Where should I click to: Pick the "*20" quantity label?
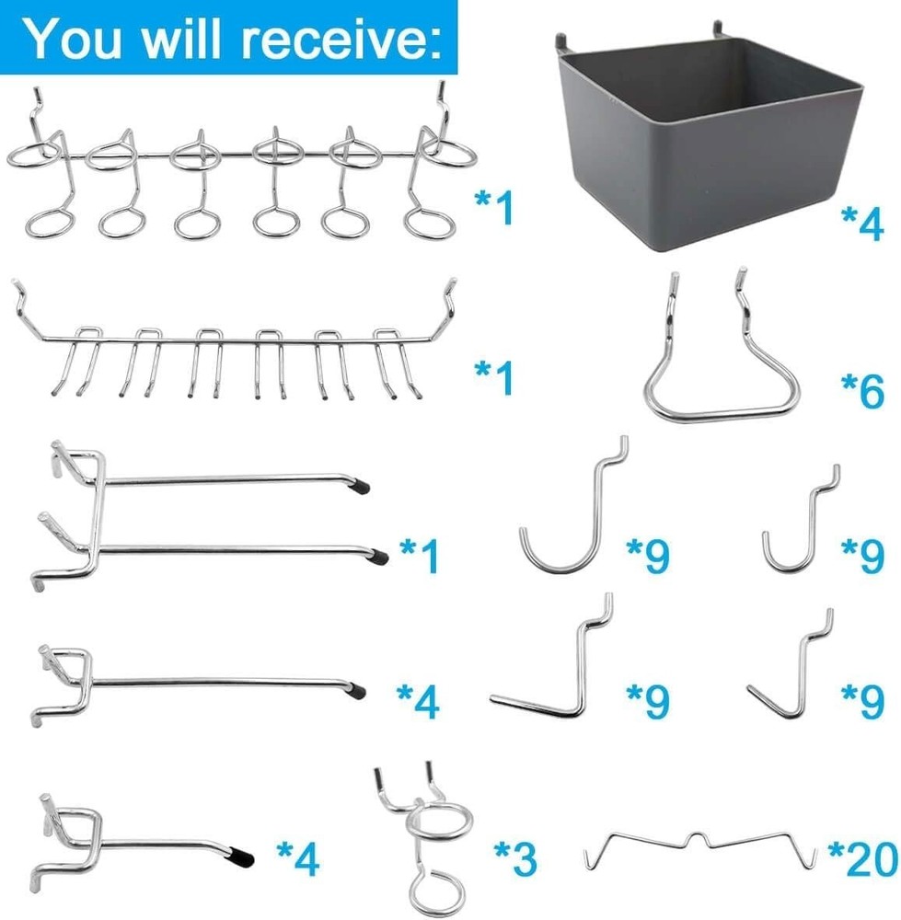tap(861, 860)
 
